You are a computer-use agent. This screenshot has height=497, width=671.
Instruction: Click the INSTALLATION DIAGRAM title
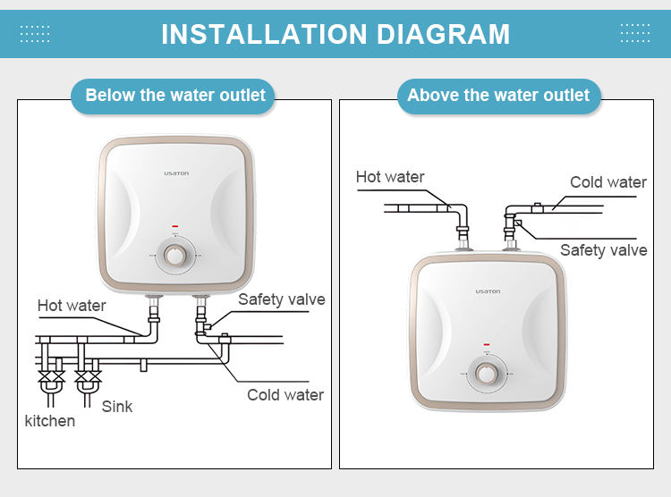point(335,34)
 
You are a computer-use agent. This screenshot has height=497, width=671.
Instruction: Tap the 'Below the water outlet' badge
point(173,96)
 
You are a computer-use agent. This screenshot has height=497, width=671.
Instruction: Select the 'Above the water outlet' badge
point(499,96)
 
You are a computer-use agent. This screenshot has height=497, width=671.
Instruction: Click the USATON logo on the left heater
point(176,173)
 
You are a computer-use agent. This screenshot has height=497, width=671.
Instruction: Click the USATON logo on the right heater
point(488,291)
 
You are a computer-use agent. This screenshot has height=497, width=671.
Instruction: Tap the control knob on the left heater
point(174,256)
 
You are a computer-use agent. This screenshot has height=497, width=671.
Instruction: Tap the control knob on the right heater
point(487,374)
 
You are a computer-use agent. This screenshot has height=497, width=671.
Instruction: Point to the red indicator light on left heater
point(175,226)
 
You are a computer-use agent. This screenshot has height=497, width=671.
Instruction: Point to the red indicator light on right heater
point(487,344)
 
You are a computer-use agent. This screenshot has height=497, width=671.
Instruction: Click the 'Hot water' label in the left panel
point(72,306)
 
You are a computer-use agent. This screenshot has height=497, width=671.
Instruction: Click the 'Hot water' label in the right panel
point(390,177)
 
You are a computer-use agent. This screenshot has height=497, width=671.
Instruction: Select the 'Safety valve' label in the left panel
point(282,299)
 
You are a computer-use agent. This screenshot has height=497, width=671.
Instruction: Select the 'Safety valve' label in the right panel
point(603,250)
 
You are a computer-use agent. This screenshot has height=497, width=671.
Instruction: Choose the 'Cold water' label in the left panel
point(285,395)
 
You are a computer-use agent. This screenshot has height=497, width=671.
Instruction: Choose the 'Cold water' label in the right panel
point(608,182)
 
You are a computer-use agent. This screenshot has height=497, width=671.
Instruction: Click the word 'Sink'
point(117,407)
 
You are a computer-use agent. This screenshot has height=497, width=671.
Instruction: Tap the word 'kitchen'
point(49,421)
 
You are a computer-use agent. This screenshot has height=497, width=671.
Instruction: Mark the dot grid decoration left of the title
point(35,33)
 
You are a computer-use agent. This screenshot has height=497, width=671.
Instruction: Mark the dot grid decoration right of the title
point(635,33)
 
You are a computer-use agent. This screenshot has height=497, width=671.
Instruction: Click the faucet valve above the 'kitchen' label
point(51,377)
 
